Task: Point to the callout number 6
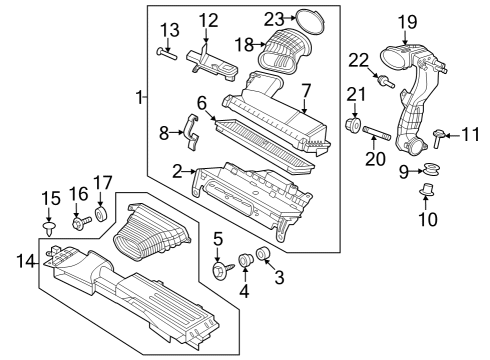click(x=201, y=103)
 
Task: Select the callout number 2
click(x=177, y=172)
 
